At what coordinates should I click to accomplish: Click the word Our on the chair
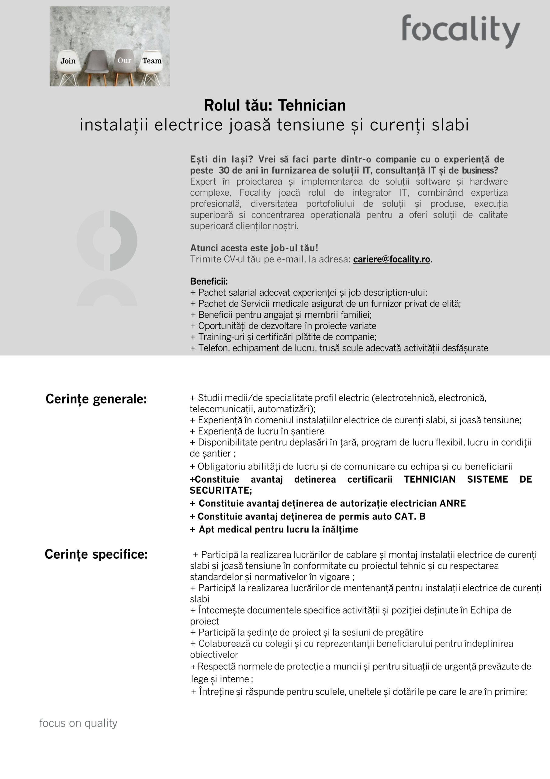click(124, 61)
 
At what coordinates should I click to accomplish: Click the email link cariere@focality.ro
click(391, 260)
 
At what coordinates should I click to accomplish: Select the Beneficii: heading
click(209, 281)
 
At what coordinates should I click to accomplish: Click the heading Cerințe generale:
click(96, 399)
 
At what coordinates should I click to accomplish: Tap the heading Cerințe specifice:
click(96, 554)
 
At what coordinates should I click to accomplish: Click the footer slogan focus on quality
click(78, 723)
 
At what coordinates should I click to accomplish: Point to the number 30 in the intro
click(224, 170)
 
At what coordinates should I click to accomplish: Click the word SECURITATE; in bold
click(221, 491)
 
